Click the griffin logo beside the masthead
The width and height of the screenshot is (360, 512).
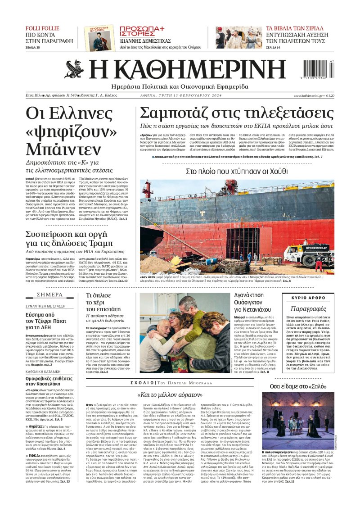(74, 68)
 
